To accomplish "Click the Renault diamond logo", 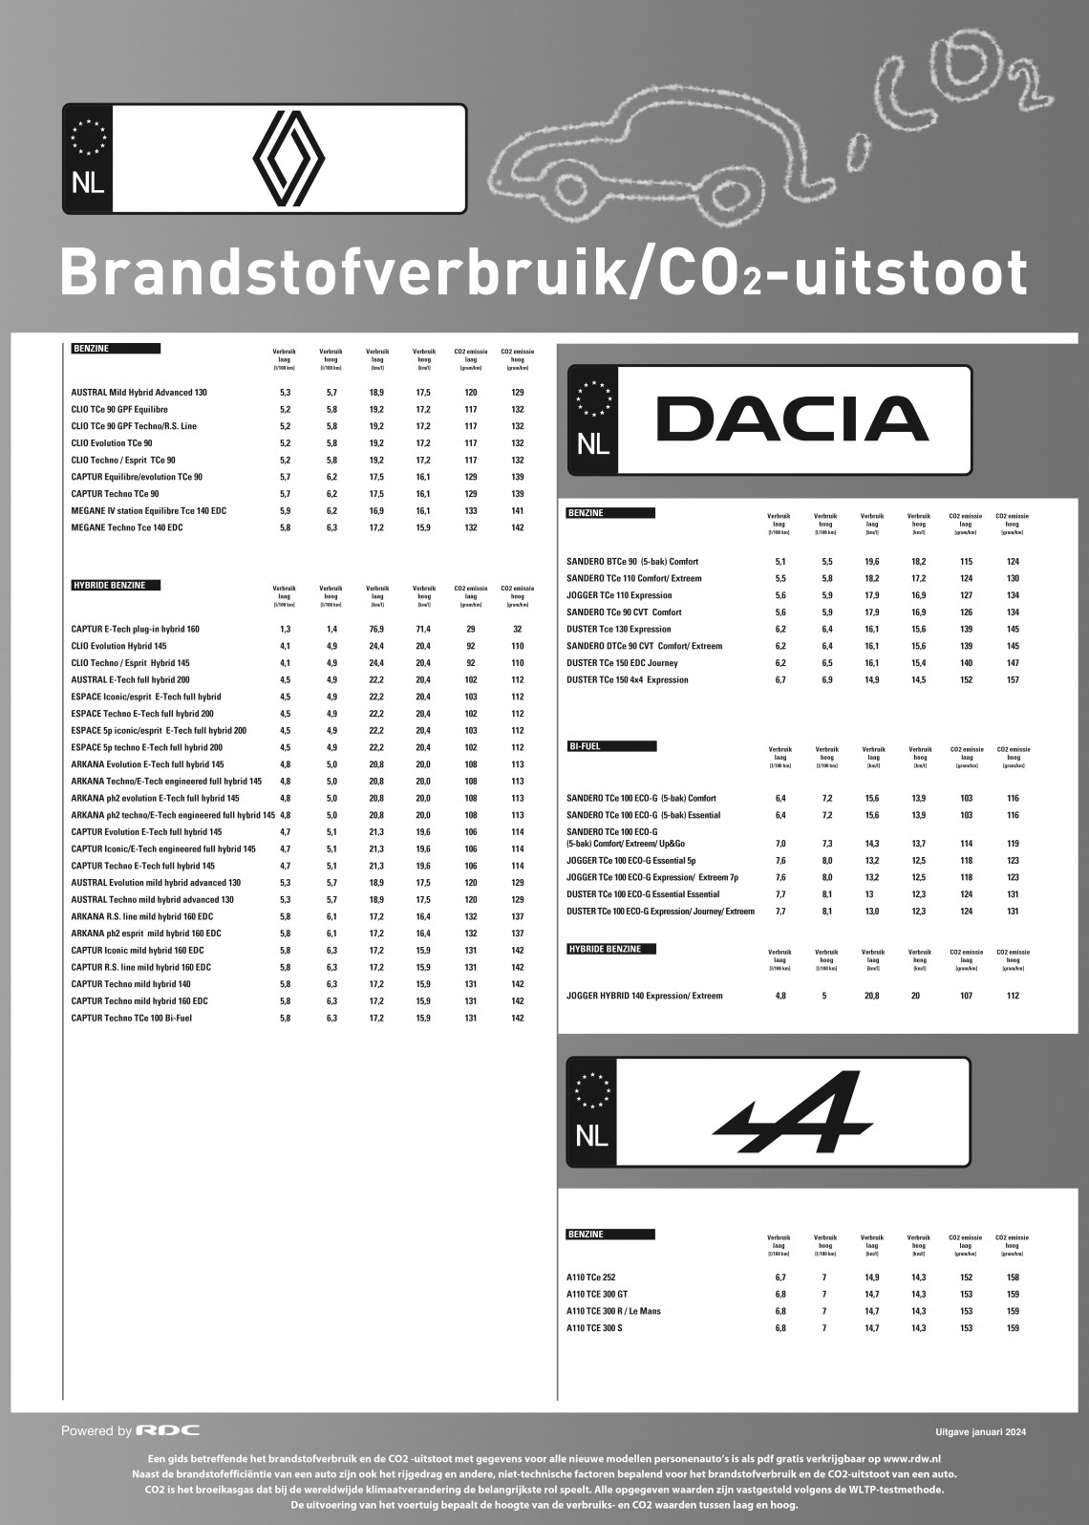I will click(288, 159).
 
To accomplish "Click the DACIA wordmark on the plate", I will click(792, 420).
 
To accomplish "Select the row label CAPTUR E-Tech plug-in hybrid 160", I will click(135, 629).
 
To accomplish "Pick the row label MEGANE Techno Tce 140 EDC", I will click(127, 527).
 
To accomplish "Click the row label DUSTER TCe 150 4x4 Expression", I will click(627, 679).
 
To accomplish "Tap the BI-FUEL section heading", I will click(585, 745).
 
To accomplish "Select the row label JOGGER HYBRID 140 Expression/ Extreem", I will click(645, 996).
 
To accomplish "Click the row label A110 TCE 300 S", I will click(594, 1328).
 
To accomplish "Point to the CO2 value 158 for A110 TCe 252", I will click(1013, 1278).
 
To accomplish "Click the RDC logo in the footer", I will click(168, 1430).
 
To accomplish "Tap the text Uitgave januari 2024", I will click(981, 1431).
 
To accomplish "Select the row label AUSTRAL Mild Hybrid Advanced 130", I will click(139, 392).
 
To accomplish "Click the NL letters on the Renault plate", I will click(88, 183).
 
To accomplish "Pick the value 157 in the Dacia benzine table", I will click(1013, 679).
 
